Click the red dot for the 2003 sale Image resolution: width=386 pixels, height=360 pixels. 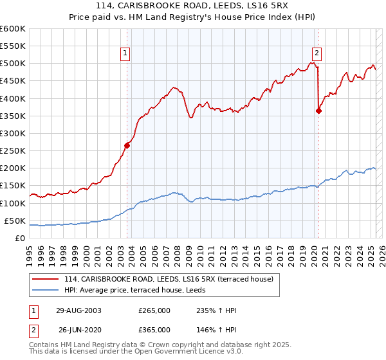pyautogui.click(x=127, y=145)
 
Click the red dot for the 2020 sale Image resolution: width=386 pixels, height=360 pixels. pyautogui.click(x=318, y=111)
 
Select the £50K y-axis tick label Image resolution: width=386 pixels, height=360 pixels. pyautogui.click(x=14, y=221)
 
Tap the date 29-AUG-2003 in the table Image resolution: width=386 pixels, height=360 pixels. pyautogui.click(x=78, y=310)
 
